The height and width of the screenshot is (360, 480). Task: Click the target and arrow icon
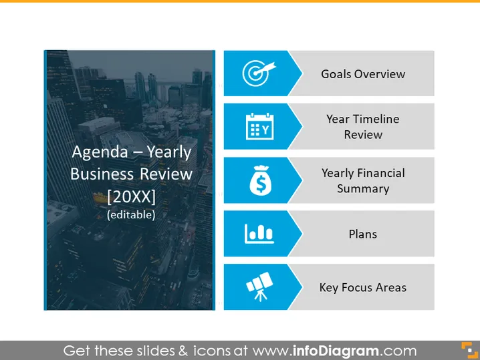[x=259, y=73]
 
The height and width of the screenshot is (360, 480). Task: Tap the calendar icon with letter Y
[x=259, y=126]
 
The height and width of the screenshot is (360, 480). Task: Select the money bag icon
[x=261, y=180]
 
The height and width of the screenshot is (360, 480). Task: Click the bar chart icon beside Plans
[x=259, y=234]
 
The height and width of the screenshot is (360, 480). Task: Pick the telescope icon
[x=259, y=287]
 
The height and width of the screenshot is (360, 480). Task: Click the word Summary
[x=363, y=189]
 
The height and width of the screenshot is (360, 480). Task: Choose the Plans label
[x=363, y=234]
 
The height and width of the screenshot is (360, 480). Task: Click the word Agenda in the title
[x=100, y=152]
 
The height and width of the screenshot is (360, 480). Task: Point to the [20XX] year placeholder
[x=131, y=196]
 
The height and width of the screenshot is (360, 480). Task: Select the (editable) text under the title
[x=131, y=214]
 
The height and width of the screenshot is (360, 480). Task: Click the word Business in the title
[x=102, y=174]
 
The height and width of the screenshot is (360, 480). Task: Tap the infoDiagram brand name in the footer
[x=336, y=351]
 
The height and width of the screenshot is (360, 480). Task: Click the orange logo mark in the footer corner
[x=470, y=350]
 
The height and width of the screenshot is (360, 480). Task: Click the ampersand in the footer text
[x=183, y=351]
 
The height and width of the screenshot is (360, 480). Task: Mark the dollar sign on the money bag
[x=261, y=184]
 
